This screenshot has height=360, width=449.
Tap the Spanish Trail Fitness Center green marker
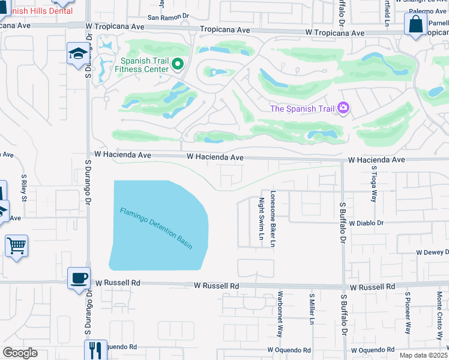tap(178, 64)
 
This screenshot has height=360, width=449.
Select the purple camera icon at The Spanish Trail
tap(343, 108)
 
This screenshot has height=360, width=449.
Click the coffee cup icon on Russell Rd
tap(79, 278)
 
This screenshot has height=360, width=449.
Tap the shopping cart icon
tap(16, 245)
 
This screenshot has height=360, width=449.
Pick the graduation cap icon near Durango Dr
tap(77, 55)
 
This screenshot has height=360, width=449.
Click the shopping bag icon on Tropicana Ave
tap(415, 25)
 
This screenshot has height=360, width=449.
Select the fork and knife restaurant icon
tap(95, 349)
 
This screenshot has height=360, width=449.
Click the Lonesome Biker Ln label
tap(273, 220)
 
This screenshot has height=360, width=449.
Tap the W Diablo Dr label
tap(366, 223)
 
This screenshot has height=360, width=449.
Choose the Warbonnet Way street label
tap(280, 314)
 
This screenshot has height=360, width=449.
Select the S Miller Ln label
tap(312, 308)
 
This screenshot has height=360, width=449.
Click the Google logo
tap(20, 353)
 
